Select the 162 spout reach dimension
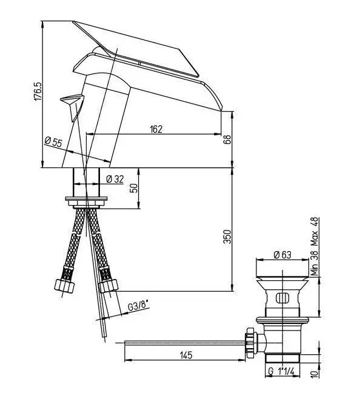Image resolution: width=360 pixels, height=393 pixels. pos(156,129)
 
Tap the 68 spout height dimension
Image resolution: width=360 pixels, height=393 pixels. pos(227,139)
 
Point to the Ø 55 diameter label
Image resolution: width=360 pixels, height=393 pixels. pos(53,142)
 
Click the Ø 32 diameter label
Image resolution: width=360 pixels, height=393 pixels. pos(115,179)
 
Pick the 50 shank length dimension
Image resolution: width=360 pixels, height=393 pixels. pos(135,188)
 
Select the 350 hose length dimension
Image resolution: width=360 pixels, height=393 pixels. pos(227,237)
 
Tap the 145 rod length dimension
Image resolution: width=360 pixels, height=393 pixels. pos(186,355)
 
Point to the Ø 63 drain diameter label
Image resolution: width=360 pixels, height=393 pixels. pos(282,255)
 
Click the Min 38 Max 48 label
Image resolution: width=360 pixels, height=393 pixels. pos(314,246)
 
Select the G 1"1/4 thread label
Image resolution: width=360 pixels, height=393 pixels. pos(281,371)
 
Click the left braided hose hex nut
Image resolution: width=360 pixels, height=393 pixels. pos(64,285)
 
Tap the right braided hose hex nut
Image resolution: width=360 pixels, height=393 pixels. pos(108,286)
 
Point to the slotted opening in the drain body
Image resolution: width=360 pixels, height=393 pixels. pos(282,298)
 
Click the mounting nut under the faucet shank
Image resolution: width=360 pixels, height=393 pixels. pos(86,203)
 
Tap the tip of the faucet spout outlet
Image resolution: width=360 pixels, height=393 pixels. pos(221,111)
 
